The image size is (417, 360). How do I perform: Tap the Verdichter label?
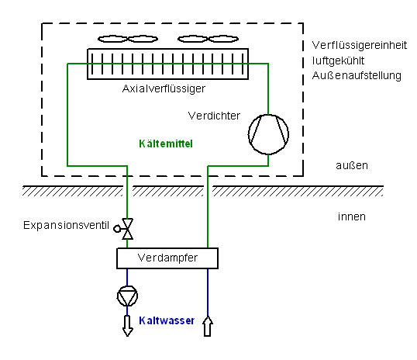[214, 116]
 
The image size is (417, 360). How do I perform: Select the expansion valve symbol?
[127, 229]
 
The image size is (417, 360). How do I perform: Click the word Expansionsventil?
[66, 225]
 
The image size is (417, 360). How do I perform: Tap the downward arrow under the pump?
[128, 326]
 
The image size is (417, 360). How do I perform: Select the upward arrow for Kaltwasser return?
[208, 326]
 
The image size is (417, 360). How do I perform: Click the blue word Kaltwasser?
[167, 320]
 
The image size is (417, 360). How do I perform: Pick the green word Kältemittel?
[166, 144]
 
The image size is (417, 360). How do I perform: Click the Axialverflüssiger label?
[164, 88]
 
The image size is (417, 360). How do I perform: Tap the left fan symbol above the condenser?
[128, 39]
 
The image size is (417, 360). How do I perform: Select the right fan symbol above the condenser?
[208, 39]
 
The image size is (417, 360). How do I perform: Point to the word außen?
[352, 165]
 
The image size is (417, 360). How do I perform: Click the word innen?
[352, 216]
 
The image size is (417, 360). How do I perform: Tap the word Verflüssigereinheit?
[360, 46]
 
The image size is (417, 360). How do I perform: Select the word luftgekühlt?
[338, 61]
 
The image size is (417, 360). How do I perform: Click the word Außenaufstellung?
[357, 75]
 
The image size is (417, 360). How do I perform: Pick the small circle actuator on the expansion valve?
[117, 229]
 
